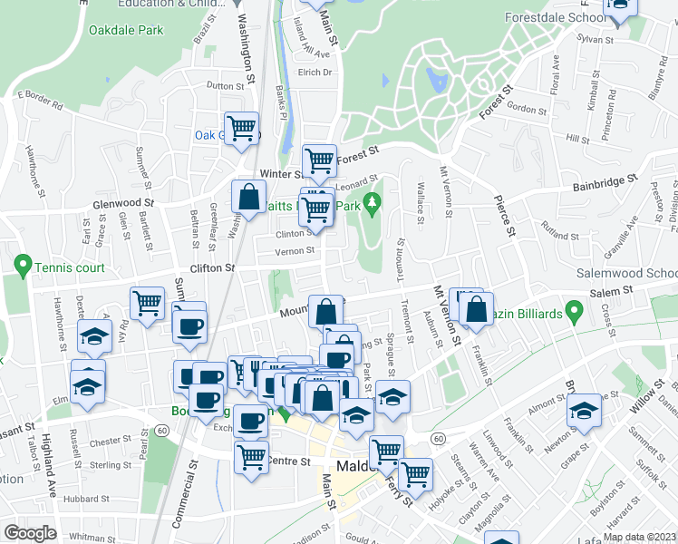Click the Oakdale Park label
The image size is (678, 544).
[126, 30]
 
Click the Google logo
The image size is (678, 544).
[30, 533]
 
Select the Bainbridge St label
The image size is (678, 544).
[605, 185]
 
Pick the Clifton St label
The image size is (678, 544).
[212, 268]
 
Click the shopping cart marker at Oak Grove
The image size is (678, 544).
[241, 128]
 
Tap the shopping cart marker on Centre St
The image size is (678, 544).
[251, 456]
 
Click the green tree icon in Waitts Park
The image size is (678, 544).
[370, 201]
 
